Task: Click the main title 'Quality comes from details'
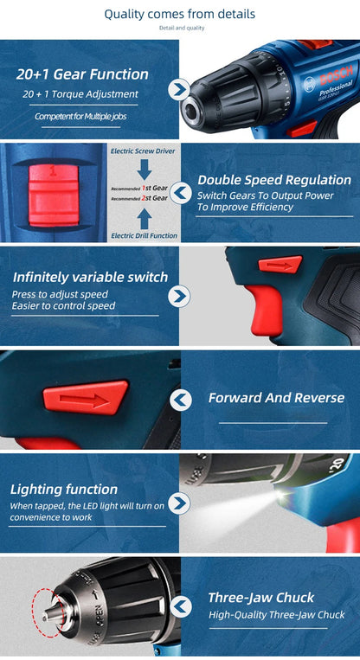180,14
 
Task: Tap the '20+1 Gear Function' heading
82,74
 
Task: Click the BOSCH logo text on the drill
336,77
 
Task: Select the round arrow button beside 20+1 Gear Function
178,89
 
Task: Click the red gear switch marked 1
54,194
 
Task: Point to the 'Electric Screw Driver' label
143,151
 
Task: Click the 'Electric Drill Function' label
144,235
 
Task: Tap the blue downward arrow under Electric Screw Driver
145,170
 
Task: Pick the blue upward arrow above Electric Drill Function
145,220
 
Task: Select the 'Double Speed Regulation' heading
274,180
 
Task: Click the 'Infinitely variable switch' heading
91,277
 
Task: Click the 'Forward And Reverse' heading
276,398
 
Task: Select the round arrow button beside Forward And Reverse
181,400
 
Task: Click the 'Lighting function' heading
64,489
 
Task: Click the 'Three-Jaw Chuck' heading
261,597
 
